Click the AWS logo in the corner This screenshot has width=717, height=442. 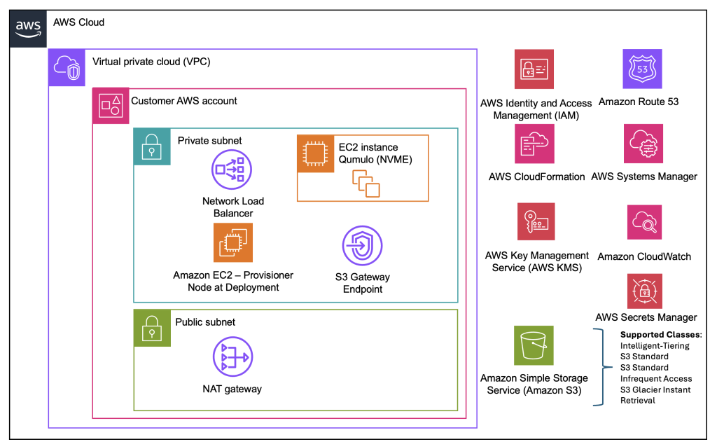coord(28,28)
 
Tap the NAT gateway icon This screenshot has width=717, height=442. coord(232,357)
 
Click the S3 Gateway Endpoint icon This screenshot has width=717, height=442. coord(362,246)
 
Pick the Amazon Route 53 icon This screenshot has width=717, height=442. coord(642,69)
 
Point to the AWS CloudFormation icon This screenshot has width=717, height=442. coord(534,144)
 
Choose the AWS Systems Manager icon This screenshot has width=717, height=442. coord(643,144)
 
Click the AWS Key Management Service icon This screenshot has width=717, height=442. coord(535,222)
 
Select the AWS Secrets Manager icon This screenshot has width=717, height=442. coord(644,291)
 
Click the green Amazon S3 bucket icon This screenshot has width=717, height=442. coord(534,345)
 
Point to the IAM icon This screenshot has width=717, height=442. coord(534,69)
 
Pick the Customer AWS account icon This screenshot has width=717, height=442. coord(111,106)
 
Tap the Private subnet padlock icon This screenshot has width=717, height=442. coord(152,146)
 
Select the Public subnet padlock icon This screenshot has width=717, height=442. coord(152,328)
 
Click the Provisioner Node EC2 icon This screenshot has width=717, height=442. coord(232,242)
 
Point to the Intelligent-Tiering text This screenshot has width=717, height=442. coord(655,345)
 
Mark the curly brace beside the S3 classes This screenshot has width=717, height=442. coord(599,367)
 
